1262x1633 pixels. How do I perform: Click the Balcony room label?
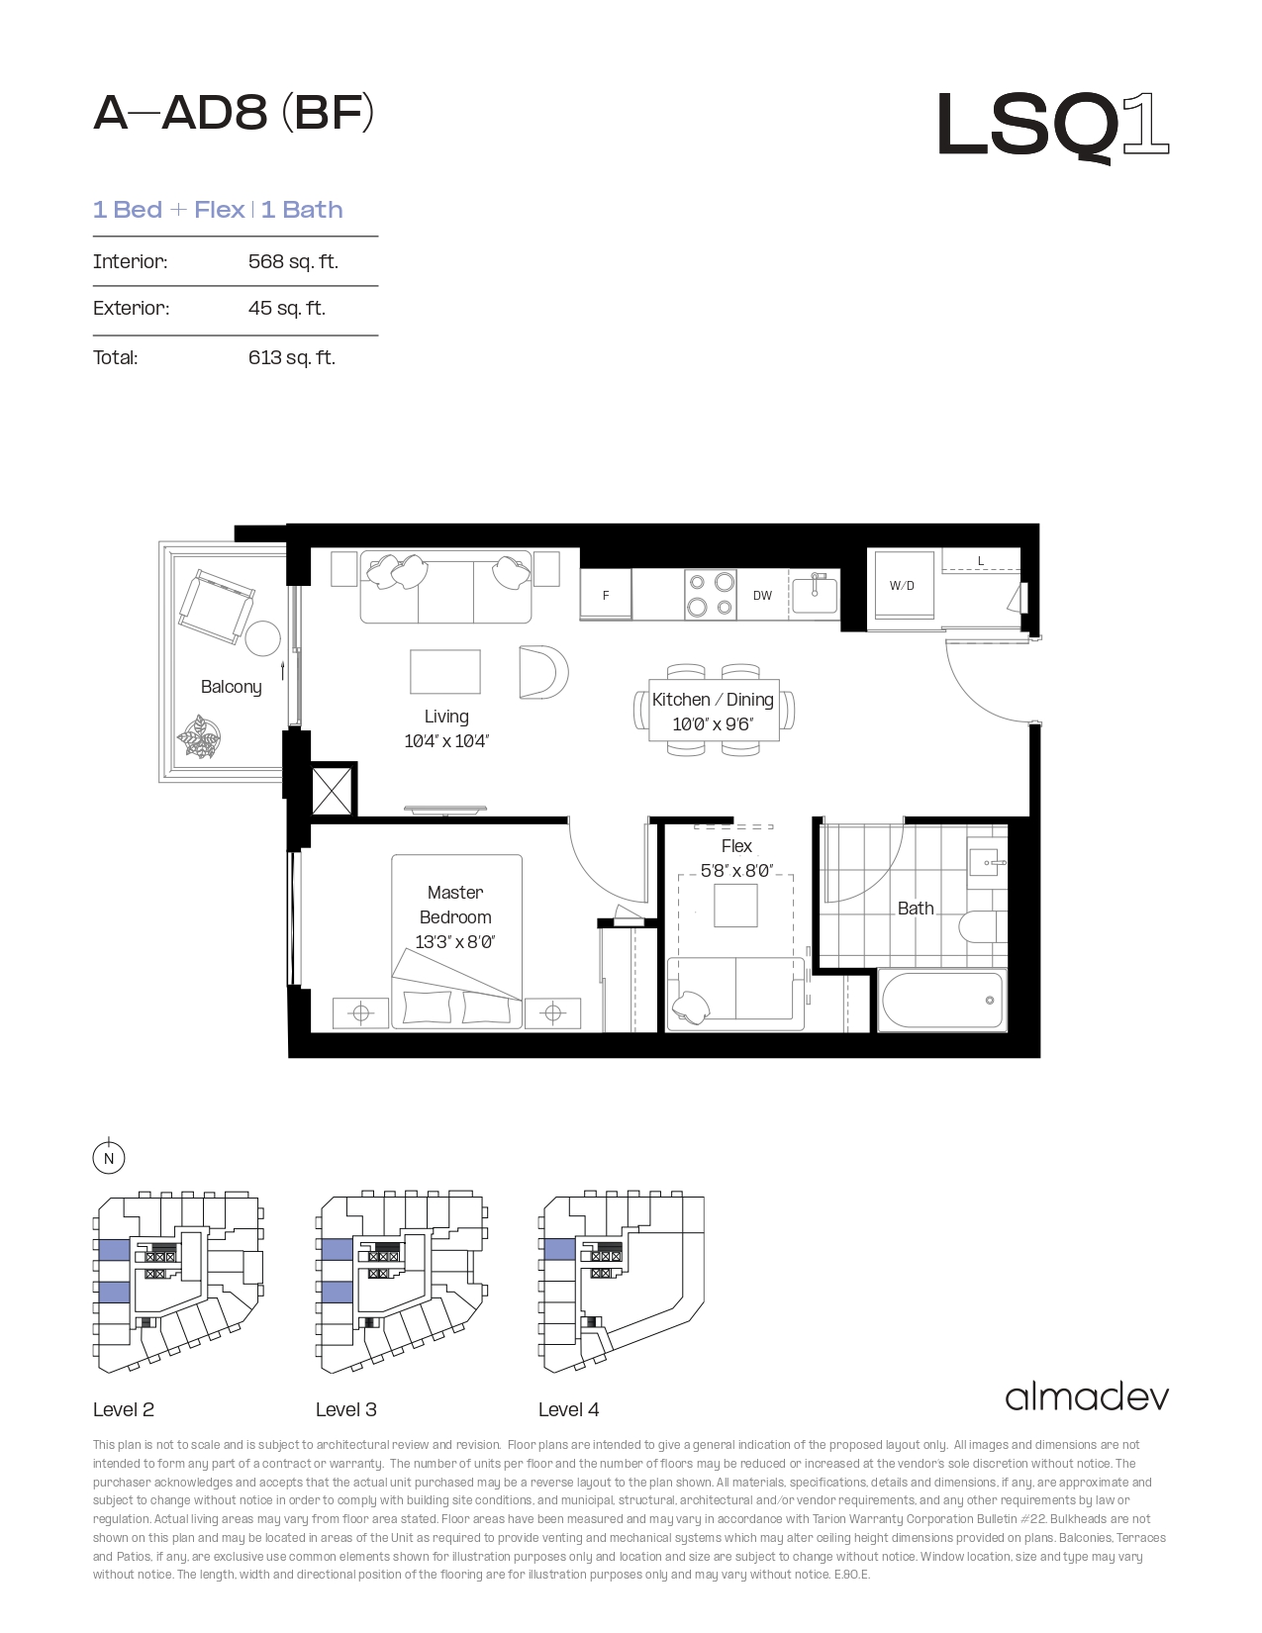231,687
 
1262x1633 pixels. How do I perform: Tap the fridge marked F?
605,595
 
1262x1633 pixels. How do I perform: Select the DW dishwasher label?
762,595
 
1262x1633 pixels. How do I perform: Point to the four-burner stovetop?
711,595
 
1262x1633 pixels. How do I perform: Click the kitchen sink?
815,592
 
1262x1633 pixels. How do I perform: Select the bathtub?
942,1001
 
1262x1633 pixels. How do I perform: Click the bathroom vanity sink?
987,862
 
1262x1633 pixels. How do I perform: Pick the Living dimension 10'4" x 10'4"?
446,741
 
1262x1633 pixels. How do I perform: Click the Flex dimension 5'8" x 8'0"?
736,870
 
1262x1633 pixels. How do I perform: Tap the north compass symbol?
109,1157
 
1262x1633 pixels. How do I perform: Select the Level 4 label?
568,1409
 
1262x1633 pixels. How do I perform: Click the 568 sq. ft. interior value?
293,261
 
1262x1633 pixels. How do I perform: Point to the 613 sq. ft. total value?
292,357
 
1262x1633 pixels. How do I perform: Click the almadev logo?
1087,1397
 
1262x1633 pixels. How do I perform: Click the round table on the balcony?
263,638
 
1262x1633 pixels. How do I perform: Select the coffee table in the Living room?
445,672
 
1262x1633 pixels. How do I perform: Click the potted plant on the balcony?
199,737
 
